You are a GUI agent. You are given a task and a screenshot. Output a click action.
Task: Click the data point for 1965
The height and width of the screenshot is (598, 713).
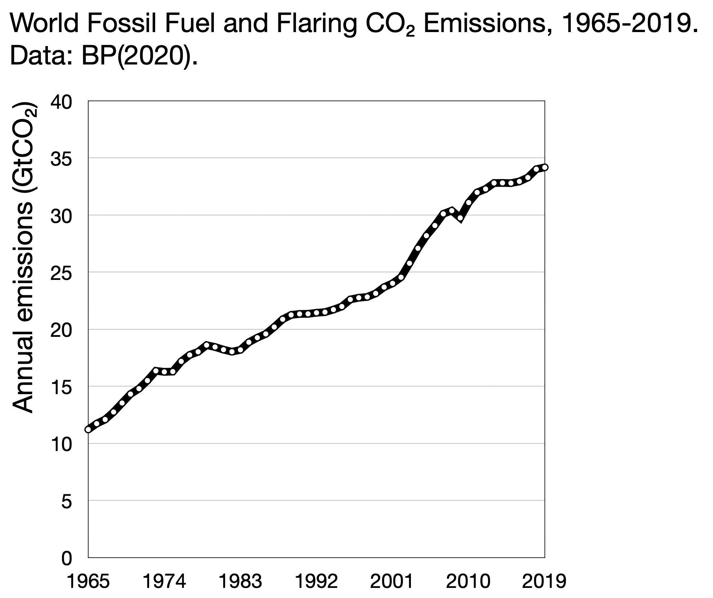coord(88,429)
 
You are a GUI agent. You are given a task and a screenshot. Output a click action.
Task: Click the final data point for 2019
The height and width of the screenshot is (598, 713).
coord(545,167)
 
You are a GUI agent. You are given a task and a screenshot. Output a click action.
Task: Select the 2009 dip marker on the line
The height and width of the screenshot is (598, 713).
coord(460,218)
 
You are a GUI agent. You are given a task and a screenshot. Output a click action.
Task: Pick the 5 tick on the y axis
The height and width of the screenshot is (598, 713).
coord(67,501)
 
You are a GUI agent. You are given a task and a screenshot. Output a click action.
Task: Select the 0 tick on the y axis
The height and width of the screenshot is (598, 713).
coord(67,558)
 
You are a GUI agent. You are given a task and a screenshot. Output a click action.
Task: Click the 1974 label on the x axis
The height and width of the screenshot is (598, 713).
coord(164,582)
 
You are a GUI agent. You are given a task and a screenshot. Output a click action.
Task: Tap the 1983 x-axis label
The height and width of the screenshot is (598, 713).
coord(240,582)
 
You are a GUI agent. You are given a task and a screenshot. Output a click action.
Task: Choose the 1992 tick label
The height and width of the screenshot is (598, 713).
coord(316,582)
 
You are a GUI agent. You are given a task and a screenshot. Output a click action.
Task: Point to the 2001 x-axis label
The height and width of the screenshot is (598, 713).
coord(392,582)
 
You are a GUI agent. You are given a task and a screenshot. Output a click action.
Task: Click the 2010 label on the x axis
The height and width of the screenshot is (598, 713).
coord(468,582)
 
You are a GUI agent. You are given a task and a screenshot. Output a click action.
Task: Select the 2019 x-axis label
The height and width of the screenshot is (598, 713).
coord(544,582)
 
